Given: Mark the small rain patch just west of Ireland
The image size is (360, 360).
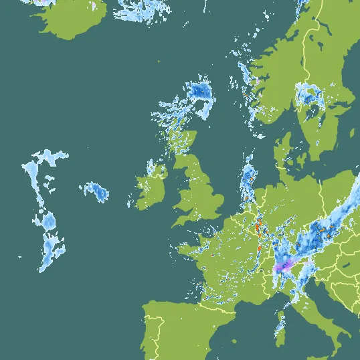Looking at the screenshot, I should (x=96, y=192).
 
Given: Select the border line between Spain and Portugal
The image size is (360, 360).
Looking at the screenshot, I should (x=157, y=328).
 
